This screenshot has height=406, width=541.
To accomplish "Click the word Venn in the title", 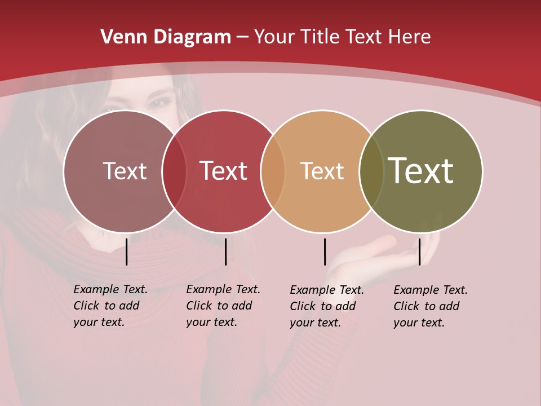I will click(x=121, y=37).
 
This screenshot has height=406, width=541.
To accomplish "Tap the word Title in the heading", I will click(x=320, y=37).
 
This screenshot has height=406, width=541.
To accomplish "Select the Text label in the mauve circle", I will click(x=125, y=171).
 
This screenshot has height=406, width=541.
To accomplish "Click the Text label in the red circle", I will click(x=223, y=171).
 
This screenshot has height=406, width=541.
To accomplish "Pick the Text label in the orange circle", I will click(x=322, y=171).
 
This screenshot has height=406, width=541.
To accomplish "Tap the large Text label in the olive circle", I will click(x=421, y=171).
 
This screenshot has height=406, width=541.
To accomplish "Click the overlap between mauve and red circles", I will click(x=174, y=171).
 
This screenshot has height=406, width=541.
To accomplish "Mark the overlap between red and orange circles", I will click(x=273, y=171).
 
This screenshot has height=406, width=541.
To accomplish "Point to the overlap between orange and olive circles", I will click(x=371, y=171).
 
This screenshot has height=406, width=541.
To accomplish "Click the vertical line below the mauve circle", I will click(x=127, y=251).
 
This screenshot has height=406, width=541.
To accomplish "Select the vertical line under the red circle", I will click(x=225, y=251).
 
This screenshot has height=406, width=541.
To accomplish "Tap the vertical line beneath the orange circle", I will click(x=325, y=251).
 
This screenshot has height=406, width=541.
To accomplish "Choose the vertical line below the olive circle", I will click(x=419, y=251).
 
